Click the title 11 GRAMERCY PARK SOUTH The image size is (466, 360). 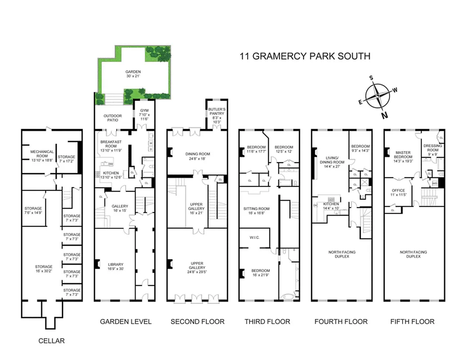click(305, 56)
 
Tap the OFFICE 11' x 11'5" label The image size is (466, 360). click(398, 193)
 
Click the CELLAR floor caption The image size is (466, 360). click(51, 341)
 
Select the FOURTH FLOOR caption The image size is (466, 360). click(341, 321)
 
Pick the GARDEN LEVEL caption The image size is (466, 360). click(126, 321)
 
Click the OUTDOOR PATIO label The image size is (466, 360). click(113, 118)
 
